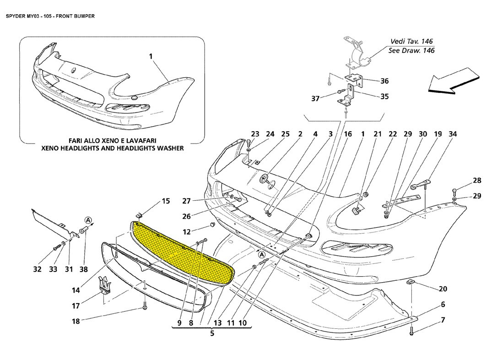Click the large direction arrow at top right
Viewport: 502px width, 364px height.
pos(453,81)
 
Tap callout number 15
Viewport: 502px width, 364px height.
pos(166,201)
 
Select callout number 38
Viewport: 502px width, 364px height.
pos(84,269)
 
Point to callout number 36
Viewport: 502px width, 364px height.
pos(384,81)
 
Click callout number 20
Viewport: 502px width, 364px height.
pos(443,289)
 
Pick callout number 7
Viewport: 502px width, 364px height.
pos(443,320)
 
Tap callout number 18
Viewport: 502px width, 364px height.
pos(76,321)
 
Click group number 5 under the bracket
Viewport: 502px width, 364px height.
pos(212,333)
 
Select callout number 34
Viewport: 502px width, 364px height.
pos(453,134)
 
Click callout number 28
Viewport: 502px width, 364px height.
pos(477,181)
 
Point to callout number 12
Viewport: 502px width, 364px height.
pos(187,231)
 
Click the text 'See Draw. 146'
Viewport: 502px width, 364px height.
pos(411,51)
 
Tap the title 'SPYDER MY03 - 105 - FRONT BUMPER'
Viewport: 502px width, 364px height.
pos(50,16)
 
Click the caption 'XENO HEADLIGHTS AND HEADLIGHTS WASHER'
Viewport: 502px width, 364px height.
pos(113,148)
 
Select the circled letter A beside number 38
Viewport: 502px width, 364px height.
pos(88,220)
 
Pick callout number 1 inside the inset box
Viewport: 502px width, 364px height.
pos(151,56)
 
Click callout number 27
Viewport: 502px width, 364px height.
pos(187,201)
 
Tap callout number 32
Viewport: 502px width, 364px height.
pos(38,269)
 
